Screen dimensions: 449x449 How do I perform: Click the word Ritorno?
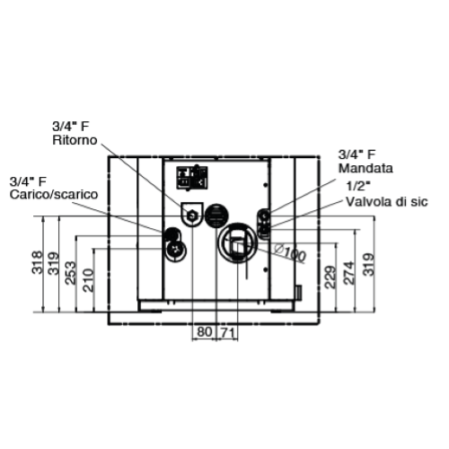click(x=75, y=140)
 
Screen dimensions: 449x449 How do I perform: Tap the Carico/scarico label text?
click(x=54, y=194)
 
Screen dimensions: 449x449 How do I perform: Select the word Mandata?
click(x=365, y=168)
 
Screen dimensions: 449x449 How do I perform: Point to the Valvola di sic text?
click(x=387, y=202)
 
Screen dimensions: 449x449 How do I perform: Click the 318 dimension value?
click(x=38, y=262)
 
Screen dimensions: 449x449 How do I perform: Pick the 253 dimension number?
click(x=71, y=273)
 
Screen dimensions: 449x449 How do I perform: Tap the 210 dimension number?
click(x=89, y=280)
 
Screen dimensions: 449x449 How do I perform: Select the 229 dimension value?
click(x=330, y=277)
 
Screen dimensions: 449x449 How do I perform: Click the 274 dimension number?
click(x=349, y=273)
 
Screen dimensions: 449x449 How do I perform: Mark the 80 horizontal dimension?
click(x=205, y=332)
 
